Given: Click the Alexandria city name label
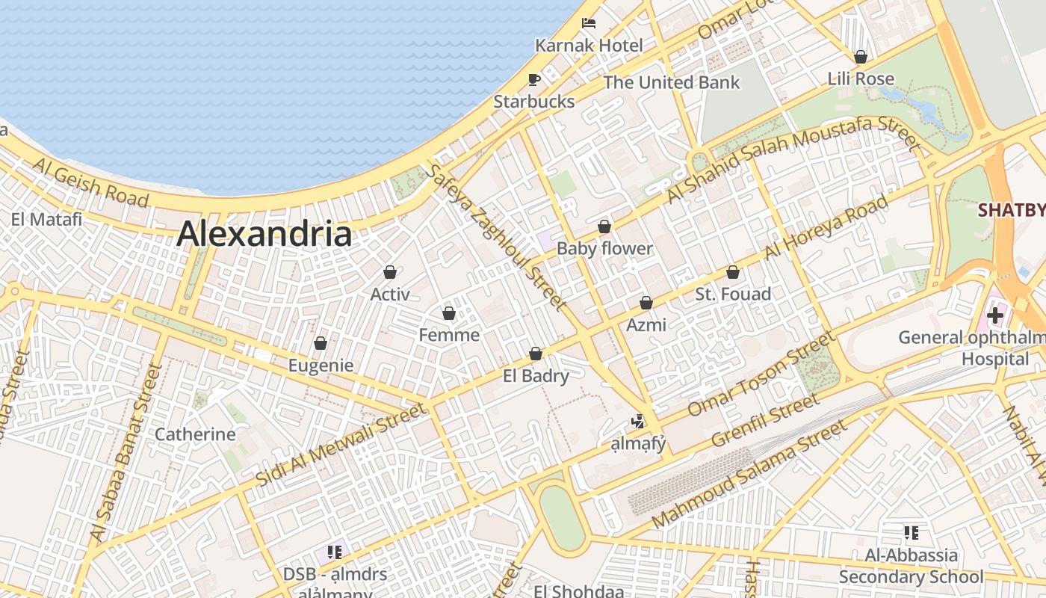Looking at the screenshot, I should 264,233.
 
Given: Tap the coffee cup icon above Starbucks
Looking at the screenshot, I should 533,79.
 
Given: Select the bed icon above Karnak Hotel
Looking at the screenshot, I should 589,23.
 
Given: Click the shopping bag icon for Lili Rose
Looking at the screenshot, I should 861,57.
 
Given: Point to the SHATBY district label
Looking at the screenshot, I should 1012,210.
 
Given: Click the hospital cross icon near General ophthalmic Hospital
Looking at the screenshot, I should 994,315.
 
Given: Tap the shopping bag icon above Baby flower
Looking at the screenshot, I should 604,226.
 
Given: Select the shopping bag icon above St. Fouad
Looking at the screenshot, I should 733,272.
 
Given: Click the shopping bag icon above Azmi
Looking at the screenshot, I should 646,303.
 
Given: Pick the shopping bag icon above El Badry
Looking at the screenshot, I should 536,354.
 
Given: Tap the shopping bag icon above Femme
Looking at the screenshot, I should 449,312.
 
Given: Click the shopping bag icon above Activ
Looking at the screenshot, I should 390,272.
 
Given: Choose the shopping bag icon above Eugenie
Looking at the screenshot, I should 321,343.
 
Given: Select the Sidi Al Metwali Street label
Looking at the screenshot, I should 341,445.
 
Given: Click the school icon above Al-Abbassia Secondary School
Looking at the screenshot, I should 911,533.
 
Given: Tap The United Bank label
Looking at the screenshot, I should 671,82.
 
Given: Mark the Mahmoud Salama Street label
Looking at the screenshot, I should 749,473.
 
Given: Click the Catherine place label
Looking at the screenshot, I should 194,434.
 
